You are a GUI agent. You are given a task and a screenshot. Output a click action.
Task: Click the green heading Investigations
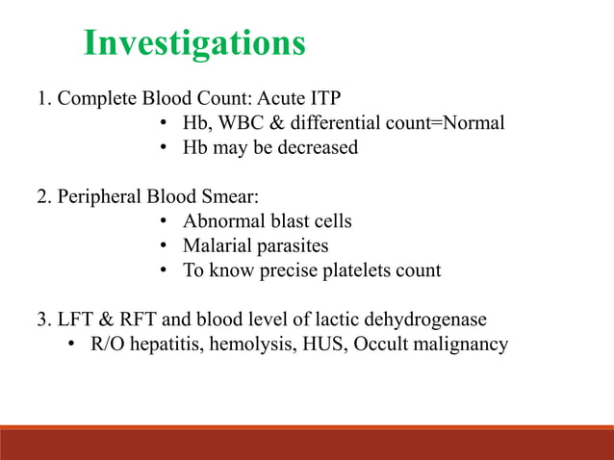194,43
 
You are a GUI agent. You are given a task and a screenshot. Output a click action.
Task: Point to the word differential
350,123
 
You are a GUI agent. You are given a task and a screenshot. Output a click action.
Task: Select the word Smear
232,197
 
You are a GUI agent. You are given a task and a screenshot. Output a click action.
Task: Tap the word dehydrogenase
431,320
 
